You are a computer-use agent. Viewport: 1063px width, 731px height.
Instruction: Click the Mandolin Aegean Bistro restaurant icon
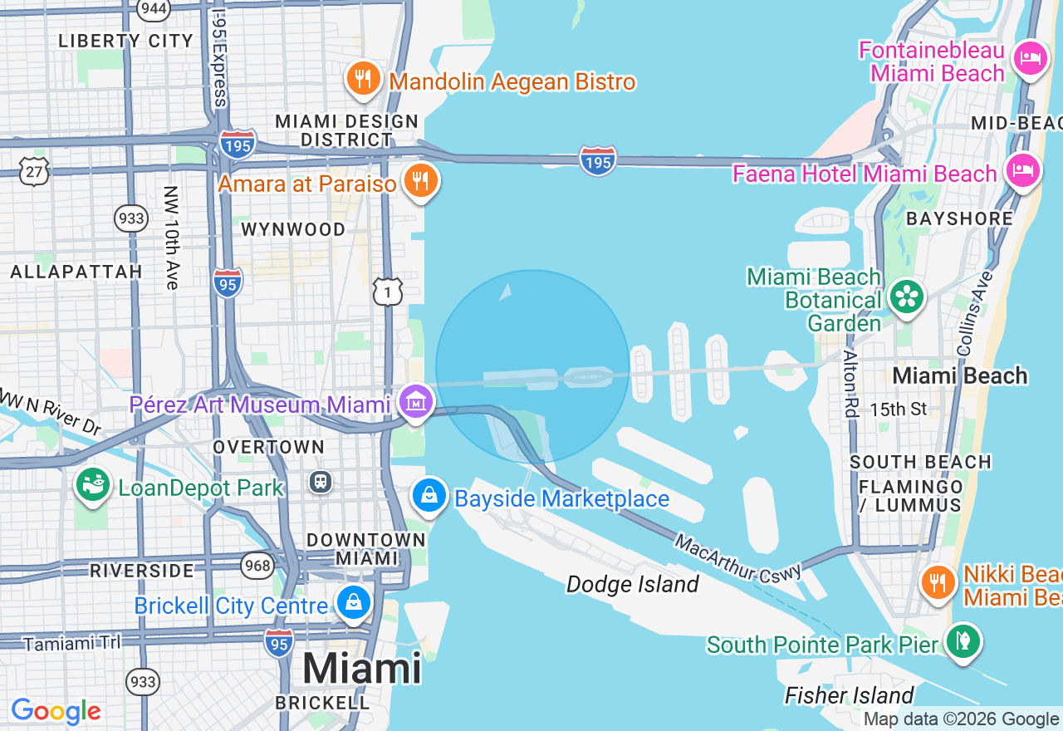[363, 78]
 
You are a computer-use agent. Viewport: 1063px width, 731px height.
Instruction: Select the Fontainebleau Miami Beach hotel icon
[1031, 59]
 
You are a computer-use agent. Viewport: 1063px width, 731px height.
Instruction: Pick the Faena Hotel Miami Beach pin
[1023, 171]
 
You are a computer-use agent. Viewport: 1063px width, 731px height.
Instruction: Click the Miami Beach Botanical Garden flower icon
[906, 297]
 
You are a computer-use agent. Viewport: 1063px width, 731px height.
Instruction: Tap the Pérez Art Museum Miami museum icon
[415, 402]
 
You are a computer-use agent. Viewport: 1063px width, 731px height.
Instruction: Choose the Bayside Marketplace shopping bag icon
[429, 496]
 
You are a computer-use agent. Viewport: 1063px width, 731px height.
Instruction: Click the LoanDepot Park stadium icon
[93, 484]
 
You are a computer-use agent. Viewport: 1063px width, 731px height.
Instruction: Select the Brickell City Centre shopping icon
[354, 602]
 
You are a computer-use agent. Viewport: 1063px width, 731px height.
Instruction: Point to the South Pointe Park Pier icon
[963, 641]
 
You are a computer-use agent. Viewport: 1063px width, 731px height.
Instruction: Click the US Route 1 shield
[388, 291]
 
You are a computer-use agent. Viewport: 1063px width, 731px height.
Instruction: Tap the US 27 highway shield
[35, 171]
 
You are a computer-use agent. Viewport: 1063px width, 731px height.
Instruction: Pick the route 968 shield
[257, 567]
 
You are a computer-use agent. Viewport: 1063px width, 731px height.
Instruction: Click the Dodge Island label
[632, 584]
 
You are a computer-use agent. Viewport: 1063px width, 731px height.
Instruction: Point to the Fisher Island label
[849, 694]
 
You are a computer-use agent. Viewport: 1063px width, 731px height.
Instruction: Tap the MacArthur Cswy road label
[738, 560]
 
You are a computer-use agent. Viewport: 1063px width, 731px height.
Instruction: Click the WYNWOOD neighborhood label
[293, 229]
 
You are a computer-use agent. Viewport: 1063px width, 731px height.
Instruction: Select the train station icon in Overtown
[320, 481]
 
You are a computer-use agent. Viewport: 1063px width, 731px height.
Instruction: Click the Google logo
[56, 711]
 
